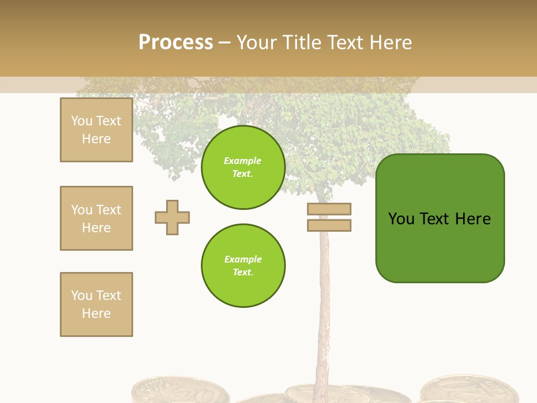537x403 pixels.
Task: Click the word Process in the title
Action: coord(176,43)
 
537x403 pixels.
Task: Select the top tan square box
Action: coord(96,130)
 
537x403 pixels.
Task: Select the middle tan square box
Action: coord(96,218)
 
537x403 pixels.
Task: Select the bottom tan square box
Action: coord(96,304)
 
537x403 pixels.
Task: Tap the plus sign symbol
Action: coord(172,217)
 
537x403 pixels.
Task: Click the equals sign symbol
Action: coord(329,217)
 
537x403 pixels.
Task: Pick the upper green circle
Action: coord(243,167)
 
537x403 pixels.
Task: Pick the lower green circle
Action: coord(243,266)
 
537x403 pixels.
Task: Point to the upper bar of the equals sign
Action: coord(329,209)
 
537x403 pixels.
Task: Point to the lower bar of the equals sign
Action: coord(329,226)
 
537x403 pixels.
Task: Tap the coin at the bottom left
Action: coord(179,392)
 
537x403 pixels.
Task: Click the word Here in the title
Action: coord(389,43)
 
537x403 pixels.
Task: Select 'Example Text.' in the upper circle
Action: coord(243,167)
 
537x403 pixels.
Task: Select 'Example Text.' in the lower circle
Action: coord(243,266)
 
